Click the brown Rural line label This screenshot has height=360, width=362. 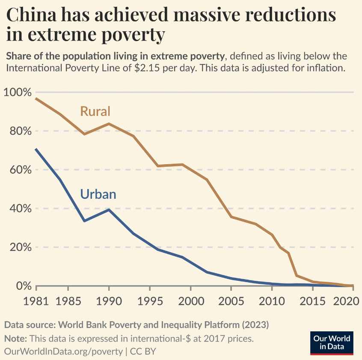[x=95, y=111]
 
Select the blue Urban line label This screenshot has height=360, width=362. [x=98, y=194]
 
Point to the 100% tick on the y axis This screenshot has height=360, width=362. [x=18, y=92]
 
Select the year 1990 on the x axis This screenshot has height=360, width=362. [x=108, y=301]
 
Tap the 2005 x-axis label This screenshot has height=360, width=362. [x=231, y=301]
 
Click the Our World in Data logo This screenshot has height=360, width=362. [x=332, y=342]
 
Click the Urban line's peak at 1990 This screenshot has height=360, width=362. [x=109, y=210]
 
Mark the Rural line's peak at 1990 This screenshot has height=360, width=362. [x=109, y=124]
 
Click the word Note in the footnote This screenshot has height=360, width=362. [x=15, y=339]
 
